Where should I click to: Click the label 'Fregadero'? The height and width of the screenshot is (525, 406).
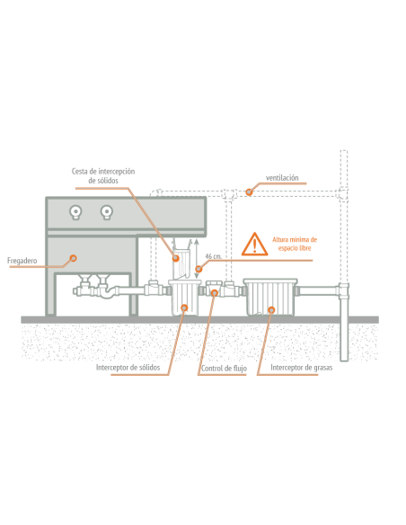coord(22,261)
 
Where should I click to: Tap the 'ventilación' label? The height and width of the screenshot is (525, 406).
coord(282,178)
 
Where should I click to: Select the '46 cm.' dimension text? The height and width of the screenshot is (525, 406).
coord(214,256)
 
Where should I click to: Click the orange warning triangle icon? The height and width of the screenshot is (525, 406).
coord(254,245)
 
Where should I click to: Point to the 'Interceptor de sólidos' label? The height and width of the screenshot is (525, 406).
coord(128,368)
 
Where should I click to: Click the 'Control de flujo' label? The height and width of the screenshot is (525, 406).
coord(224,369)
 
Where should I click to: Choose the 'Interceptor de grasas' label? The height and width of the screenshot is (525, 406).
coord(302,368)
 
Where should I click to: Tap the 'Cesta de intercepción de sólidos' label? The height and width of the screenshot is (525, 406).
coord(103,176)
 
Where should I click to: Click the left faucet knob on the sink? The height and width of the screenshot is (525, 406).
coord(75,212)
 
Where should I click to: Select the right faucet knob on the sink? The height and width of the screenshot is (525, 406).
coord(107,212)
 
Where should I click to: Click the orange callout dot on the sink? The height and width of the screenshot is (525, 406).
coord(74,258)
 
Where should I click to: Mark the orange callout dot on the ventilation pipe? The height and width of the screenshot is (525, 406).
coord(249,191)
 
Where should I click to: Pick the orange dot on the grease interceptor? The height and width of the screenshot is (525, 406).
coord(271,310)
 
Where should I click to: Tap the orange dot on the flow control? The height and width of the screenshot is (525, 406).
coord(215,293)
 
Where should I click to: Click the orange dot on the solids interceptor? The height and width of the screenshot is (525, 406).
coord(184,307)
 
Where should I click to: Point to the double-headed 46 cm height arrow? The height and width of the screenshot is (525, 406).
coord(197,259)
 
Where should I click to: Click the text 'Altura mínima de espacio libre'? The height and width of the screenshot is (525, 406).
coord(295,244)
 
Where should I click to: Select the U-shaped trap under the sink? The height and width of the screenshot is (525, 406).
coord(107,292)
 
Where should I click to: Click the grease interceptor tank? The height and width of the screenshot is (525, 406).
coord(270,298)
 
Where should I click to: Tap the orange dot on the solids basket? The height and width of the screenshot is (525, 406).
coord(175,258)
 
